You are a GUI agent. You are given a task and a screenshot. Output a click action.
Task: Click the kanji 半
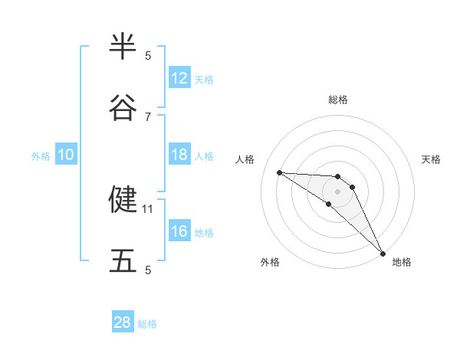(x=123, y=47)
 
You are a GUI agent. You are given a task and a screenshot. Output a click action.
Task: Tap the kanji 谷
(x=123, y=108)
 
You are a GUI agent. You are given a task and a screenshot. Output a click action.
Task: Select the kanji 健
(x=123, y=199)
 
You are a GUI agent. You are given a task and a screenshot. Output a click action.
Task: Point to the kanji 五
(x=123, y=261)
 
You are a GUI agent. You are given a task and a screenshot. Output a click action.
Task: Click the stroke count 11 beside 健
(x=148, y=208)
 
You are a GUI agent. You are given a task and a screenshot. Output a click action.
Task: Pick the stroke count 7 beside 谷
(x=148, y=116)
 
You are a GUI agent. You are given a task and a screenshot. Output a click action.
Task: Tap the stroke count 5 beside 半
(x=148, y=55)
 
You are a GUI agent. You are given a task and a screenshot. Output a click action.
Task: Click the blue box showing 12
(x=179, y=78)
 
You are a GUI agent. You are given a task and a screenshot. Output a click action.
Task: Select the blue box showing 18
(x=179, y=155)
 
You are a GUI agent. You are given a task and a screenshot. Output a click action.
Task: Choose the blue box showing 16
(x=179, y=231)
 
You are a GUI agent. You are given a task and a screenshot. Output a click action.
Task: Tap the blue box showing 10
(x=66, y=155)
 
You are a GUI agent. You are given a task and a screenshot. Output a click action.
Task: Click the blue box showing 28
(x=123, y=322)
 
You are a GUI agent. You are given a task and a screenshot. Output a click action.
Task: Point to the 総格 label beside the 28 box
(x=148, y=324)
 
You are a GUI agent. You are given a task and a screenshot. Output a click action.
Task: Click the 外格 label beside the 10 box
(x=41, y=156)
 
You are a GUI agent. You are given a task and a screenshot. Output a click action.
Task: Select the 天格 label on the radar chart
(x=432, y=159)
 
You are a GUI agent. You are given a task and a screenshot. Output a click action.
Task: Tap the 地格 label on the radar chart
(x=402, y=262)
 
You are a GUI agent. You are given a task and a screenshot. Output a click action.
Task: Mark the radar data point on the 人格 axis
(x=279, y=172)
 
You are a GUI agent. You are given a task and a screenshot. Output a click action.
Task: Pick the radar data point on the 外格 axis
(x=329, y=204)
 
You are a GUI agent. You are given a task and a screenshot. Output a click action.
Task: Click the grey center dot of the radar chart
(x=338, y=191)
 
